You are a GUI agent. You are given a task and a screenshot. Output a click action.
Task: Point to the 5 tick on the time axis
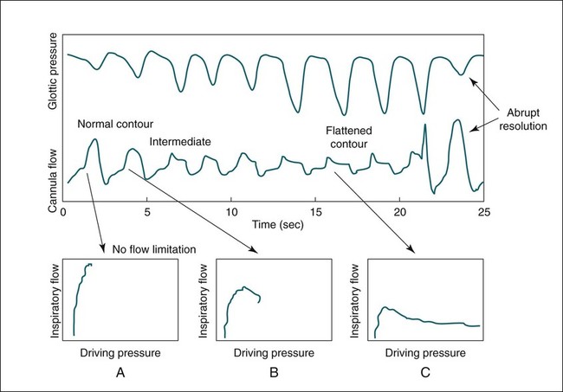click(x=147, y=212)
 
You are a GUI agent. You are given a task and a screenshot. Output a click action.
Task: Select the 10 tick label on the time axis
click(x=231, y=212)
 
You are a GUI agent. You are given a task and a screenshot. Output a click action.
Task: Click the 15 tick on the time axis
click(x=315, y=212)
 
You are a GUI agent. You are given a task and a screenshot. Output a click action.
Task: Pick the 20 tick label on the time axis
click(x=399, y=212)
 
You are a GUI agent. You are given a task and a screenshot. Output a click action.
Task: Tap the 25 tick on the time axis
click(x=482, y=212)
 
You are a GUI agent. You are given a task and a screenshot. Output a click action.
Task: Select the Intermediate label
click(x=180, y=141)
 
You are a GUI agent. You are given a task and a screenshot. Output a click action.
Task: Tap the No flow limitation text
click(x=153, y=251)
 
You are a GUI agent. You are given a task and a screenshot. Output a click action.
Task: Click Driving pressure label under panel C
click(x=424, y=353)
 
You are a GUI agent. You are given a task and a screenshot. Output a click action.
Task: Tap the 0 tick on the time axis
click(x=63, y=212)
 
